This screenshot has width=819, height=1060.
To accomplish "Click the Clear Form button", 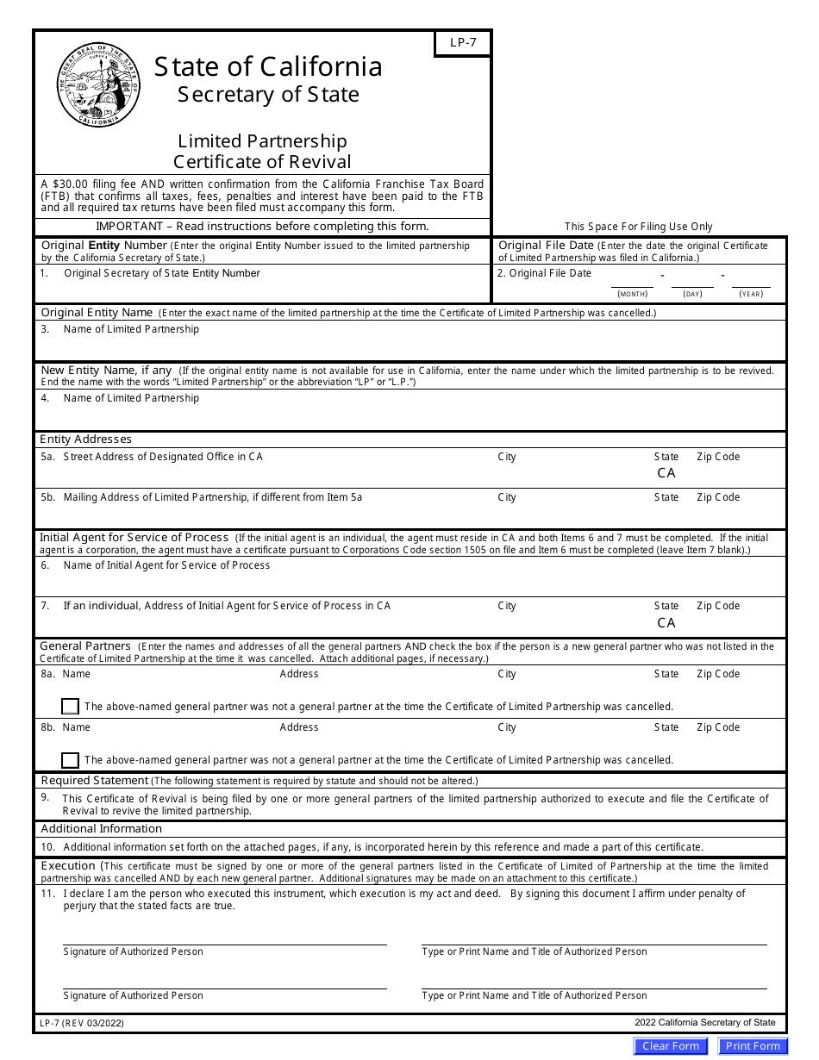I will click(x=670, y=1046).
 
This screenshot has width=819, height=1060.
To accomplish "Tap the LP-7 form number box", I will click(x=462, y=44).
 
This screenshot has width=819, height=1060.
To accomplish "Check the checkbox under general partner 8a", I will click(x=71, y=707).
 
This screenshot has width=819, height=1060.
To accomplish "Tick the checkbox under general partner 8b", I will click(x=71, y=760).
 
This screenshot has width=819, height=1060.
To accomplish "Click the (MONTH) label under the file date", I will click(x=633, y=295).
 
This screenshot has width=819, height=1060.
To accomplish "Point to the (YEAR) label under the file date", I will click(x=750, y=295).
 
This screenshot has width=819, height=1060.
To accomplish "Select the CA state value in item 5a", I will click(x=666, y=473).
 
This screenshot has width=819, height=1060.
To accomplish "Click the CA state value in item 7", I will click(x=666, y=622).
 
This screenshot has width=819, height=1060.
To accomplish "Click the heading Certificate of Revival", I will click(x=262, y=162).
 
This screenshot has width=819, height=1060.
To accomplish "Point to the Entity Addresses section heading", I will click(x=85, y=440).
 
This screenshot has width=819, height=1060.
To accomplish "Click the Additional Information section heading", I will click(x=102, y=829).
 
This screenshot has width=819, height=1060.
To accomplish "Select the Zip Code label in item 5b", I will click(x=718, y=497).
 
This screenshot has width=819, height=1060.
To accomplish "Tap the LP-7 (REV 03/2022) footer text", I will click(x=86, y=1024).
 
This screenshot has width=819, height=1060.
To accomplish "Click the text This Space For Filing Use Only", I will click(x=638, y=227).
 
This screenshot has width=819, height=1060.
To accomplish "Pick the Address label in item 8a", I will click(x=299, y=674).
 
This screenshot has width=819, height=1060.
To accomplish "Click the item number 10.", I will click(x=48, y=847).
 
